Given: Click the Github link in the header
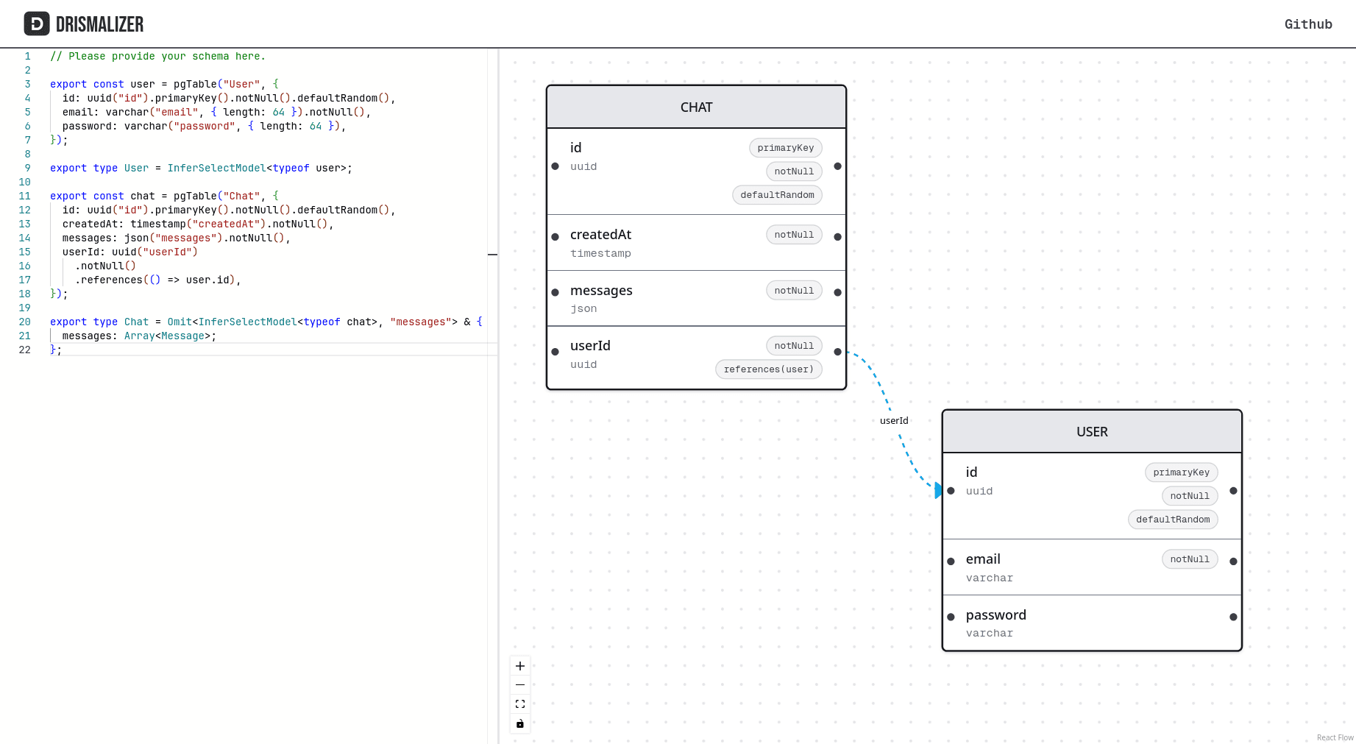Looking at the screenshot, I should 1307,24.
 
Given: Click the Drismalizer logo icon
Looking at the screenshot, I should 37,24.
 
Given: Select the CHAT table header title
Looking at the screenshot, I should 696,107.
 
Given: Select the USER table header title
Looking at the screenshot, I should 1091,432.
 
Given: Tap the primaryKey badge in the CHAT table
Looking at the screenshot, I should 785,148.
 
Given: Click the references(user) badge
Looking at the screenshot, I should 768,369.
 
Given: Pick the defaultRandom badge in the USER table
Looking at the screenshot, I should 1172,520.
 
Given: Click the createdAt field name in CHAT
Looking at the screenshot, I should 600,235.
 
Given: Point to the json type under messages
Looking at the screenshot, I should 583,309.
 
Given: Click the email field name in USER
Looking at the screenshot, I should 982,559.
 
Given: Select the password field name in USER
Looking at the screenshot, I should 995,615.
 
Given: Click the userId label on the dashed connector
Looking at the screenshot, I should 894,421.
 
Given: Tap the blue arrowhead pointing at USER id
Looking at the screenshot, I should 938,490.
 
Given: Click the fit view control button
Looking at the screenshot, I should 520,704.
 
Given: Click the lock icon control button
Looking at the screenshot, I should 520,723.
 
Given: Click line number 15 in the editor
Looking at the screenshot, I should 25,252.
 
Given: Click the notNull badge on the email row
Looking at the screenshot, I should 1189,559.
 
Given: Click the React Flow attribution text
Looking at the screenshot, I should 1335,737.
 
